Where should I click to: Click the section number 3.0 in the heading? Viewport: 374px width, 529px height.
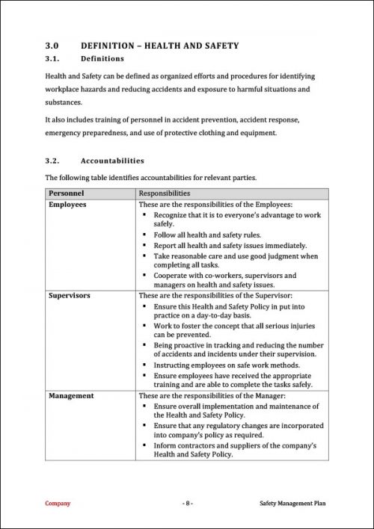coord(52,46)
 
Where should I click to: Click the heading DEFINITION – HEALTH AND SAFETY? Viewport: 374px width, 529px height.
coord(159,46)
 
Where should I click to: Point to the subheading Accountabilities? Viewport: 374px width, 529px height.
coord(112,161)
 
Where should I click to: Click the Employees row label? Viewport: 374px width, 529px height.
coord(67,204)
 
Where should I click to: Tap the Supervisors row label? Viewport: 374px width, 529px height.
coord(70,295)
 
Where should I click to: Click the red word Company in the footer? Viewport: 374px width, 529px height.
coord(58,504)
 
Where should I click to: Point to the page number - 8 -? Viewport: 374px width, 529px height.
coord(188,504)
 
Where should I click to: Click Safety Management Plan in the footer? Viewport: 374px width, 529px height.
coord(293,504)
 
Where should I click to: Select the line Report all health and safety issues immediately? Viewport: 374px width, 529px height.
coord(230,245)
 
